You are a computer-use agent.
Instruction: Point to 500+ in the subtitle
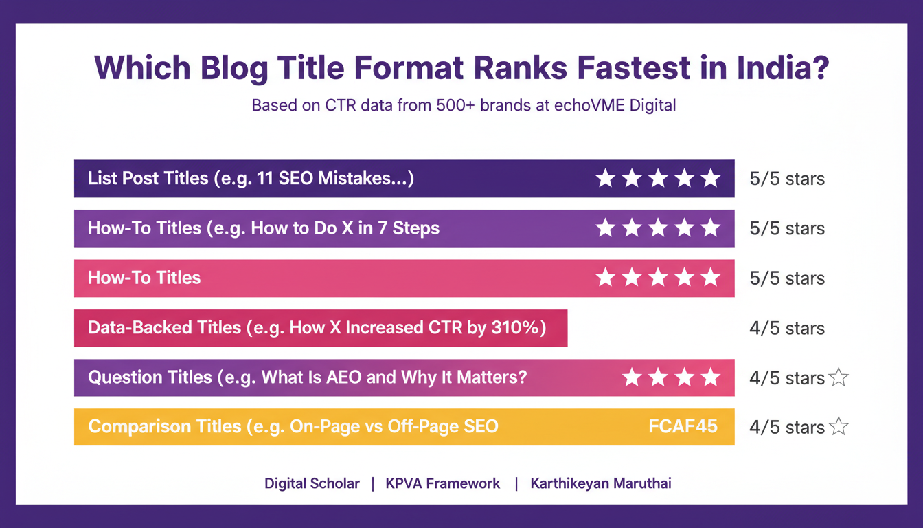tap(449, 107)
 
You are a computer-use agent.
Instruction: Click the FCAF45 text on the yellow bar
tap(683, 426)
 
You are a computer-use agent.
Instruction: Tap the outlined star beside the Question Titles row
tap(839, 377)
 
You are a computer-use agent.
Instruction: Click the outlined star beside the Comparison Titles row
tap(839, 427)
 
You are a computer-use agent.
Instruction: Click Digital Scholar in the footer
tap(312, 483)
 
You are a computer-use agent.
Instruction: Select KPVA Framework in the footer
tap(443, 483)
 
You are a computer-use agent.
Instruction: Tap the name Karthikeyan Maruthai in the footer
tap(601, 483)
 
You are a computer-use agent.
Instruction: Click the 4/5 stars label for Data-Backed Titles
tap(787, 329)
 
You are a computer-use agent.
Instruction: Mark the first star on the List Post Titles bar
tap(605, 179)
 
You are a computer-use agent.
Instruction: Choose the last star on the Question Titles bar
tap(710, 377)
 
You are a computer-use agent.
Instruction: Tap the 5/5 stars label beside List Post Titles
tap(787, 179)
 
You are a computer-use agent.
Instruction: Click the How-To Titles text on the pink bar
tap(144, 278)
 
